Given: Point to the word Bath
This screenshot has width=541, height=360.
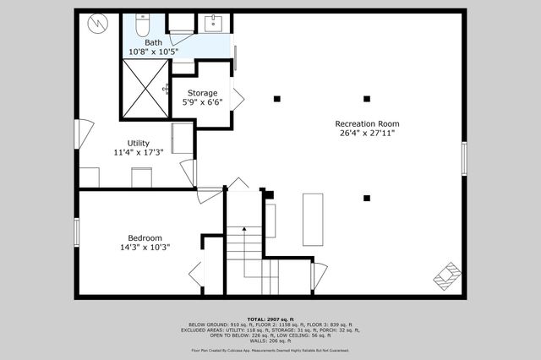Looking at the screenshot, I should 153,42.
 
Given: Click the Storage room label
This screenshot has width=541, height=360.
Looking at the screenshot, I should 202,93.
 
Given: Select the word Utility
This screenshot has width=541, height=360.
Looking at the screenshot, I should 139,143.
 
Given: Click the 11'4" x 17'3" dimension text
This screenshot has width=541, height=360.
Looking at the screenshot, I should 139,153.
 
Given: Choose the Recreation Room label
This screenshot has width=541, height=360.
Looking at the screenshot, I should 368,123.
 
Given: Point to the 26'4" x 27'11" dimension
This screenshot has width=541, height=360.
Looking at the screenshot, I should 368,133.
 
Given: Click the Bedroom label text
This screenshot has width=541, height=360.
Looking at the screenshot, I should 145,238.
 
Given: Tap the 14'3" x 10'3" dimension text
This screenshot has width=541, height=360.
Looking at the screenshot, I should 145,248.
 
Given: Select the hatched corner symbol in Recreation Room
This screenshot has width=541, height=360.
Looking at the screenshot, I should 448,276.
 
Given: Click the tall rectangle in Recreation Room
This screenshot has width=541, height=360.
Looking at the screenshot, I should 313,219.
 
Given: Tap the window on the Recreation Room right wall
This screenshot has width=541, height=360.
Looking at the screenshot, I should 464,158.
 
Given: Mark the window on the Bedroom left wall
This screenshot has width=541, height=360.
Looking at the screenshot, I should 76,231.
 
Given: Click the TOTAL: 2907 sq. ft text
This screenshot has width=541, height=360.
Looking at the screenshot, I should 270,317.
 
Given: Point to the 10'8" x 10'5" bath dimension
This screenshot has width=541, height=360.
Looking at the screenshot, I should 153,52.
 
